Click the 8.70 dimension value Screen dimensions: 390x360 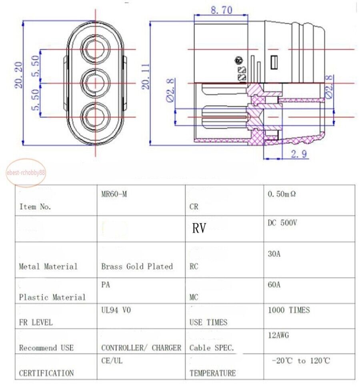(221, 10)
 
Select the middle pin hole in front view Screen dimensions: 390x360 (96, 83)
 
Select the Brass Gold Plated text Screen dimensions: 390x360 (137, 266)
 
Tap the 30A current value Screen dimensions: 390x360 (274, 253)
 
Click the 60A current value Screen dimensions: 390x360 (274, 284)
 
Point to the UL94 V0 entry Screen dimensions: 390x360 (116, 310)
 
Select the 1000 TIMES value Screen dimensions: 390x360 (289, 310)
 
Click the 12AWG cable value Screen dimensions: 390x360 (278, 335)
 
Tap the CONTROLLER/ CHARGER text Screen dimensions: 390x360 (141, 348)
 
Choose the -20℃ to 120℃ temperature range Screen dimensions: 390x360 (301, 361)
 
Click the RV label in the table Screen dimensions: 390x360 (199, 228)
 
